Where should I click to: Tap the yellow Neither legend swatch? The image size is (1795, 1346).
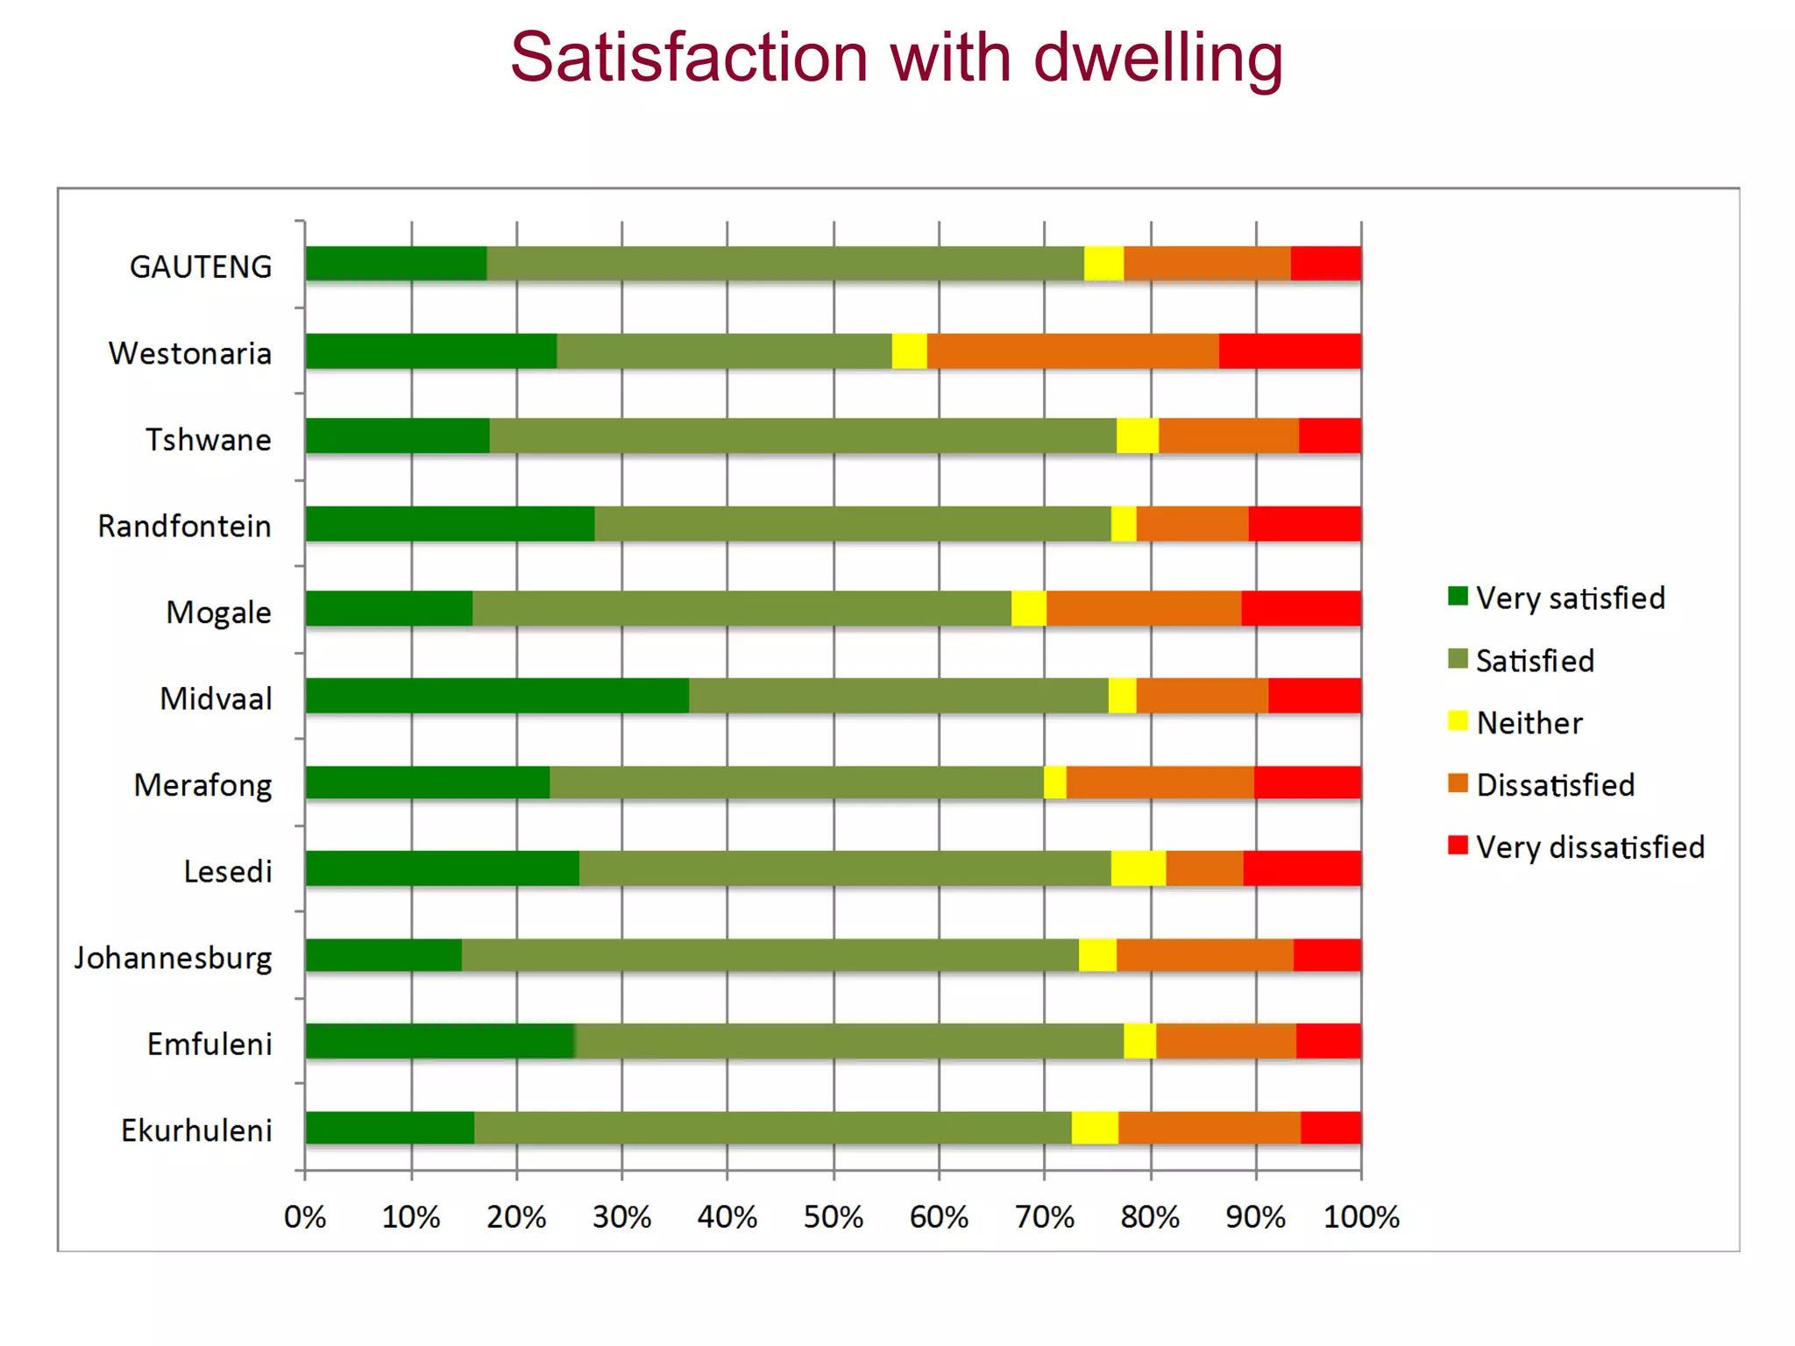1458,721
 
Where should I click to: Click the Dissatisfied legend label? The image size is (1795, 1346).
1555,785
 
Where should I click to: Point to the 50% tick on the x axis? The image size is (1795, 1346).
833,1216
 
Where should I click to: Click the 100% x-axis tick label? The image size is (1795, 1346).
1360,1216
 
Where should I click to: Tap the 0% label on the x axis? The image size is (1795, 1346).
305,1216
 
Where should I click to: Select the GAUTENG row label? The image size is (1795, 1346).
201,266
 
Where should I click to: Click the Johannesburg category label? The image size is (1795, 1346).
174,957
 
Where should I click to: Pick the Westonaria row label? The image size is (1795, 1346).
190,353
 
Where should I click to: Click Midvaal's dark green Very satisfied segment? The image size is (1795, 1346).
497,696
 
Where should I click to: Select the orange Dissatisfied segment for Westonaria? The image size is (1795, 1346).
1072,351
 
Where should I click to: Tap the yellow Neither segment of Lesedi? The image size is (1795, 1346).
1138,868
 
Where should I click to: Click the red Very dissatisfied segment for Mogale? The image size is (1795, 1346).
1301,609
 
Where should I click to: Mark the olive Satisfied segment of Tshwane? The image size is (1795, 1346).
802,436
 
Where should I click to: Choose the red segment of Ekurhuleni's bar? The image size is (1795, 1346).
1330,1128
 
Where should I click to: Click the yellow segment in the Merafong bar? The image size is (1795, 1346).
1054,783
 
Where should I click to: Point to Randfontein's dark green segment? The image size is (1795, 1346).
450,524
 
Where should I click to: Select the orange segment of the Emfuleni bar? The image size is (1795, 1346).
1225,1041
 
